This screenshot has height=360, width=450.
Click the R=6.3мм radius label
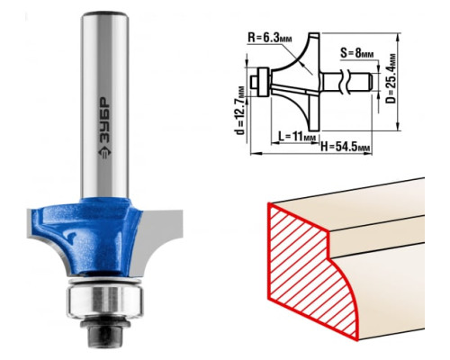(x=270, y=38)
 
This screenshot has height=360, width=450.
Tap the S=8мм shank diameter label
(x=357, y=53)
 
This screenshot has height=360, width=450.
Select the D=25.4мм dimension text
(x=391, y=78)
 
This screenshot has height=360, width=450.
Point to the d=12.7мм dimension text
(x=240, y=111)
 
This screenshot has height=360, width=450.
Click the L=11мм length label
(x=297, y=137)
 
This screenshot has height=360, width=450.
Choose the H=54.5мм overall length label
(x=345, y=147)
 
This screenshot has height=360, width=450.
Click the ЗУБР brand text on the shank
(x=104, y=121)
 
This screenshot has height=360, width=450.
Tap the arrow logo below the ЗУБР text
(x=104, y=152)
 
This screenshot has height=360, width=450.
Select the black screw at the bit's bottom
(x=104, y=332)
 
